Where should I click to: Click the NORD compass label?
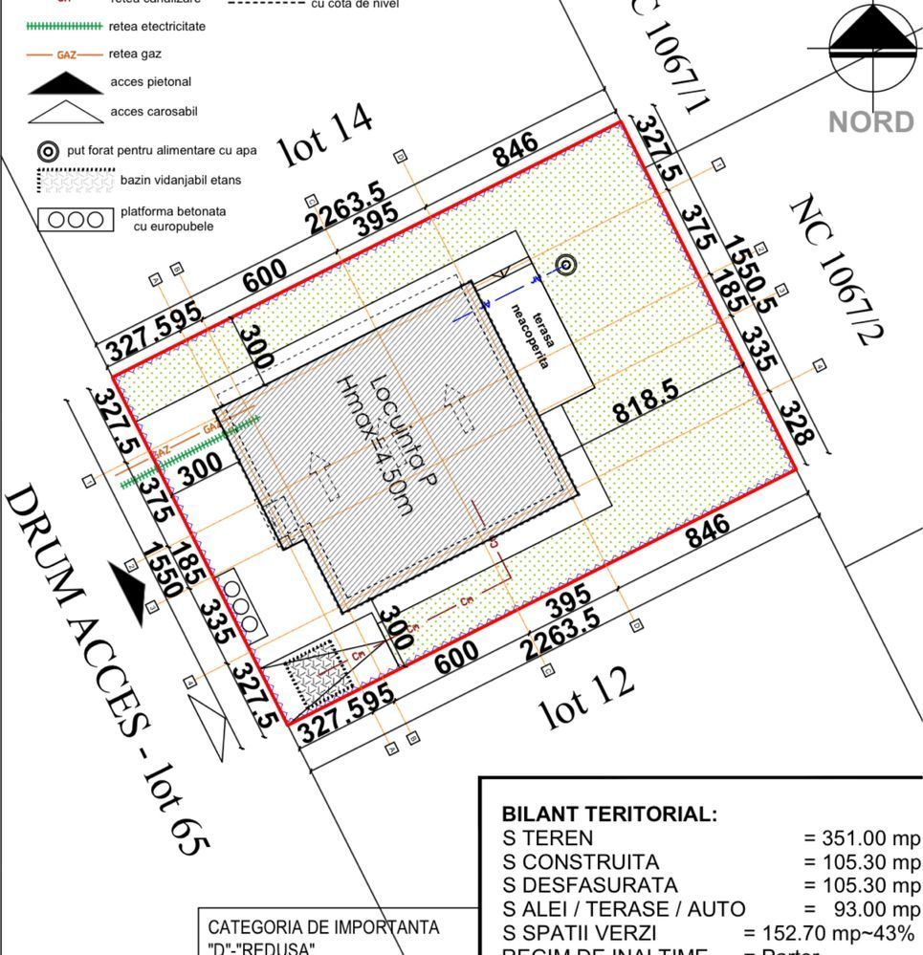(x=870, y=122)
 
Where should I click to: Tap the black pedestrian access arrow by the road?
(x=128, y=590)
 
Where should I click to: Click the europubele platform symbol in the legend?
(x=75, y=220)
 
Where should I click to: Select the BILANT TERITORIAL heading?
(x=608, y=814)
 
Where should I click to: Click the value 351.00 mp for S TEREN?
(x=861, y=838)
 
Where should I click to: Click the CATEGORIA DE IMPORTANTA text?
(x=323, y=927)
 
